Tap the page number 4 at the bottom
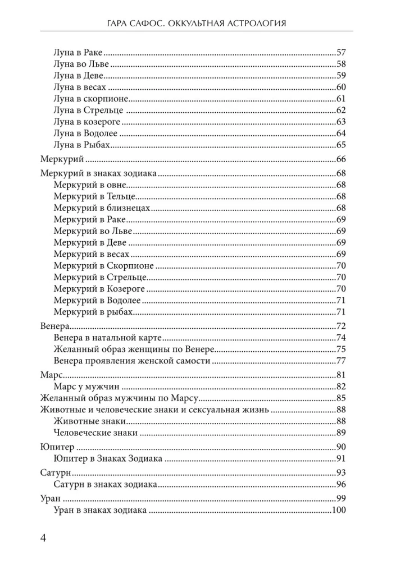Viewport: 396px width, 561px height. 43,539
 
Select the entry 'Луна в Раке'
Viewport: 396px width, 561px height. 79,52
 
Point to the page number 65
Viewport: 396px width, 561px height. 340,145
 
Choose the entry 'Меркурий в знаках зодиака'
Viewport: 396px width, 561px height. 98,173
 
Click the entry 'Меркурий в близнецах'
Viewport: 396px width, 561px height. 102,208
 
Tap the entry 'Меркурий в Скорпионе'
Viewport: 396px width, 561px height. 104,265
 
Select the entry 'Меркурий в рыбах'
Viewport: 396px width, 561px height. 94,311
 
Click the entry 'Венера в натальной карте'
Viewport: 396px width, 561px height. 107,337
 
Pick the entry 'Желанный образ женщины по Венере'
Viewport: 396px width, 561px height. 126,349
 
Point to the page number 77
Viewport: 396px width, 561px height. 340,361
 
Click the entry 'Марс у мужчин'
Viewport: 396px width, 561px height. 88,387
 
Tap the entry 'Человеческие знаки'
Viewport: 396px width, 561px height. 96,433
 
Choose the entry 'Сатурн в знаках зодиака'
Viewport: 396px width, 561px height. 105,484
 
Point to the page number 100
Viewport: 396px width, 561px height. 338,510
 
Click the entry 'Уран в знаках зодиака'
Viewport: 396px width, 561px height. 100,510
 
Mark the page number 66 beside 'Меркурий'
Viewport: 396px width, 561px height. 340,159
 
